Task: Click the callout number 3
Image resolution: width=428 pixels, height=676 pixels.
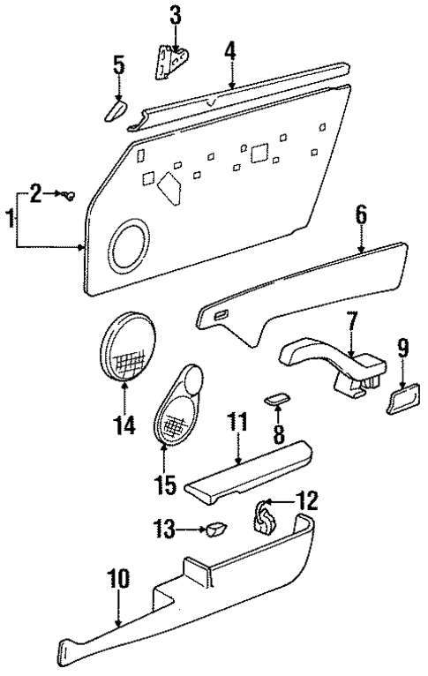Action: click(x=175, y=15)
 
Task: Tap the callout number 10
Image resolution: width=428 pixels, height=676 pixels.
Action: click(x=119, y=579)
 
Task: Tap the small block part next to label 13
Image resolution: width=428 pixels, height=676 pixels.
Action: click(x=216, y=530)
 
